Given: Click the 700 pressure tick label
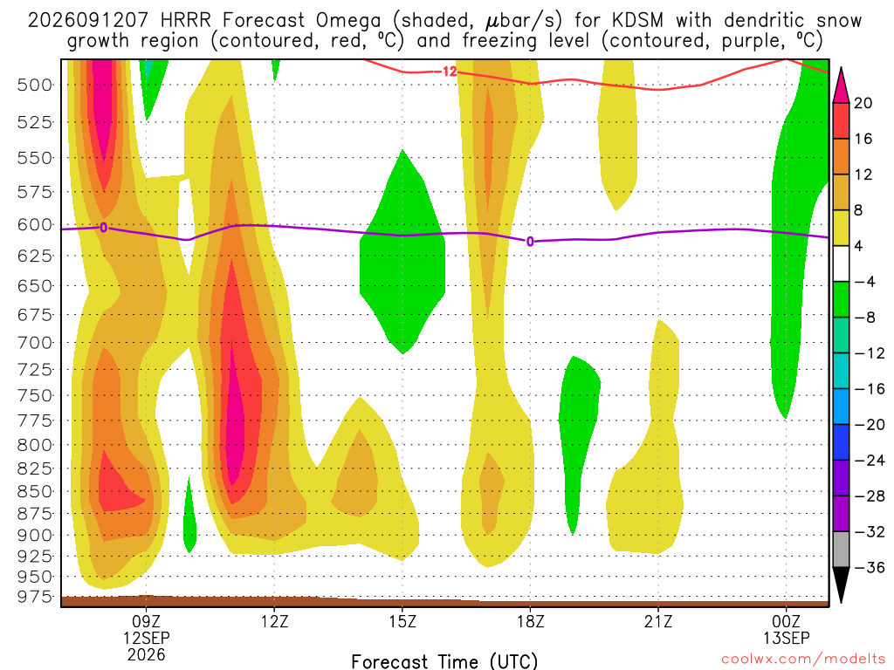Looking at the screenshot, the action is [x=35, y=343].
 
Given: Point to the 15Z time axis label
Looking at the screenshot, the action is [x=402, y=621].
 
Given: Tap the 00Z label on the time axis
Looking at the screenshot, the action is [x=787, y=621].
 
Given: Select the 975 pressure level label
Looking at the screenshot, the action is [x=35, y=597].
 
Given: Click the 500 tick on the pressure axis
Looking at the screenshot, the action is [x=35, y=85].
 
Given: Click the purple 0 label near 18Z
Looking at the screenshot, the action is [x=530, y=242].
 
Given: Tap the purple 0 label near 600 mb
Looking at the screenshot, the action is [x=103, y=228].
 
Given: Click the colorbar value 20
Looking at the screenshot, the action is [x=863, y=103].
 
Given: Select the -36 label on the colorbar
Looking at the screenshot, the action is [x=869, y=567].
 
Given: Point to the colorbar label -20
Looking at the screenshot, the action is [x=869, y=425].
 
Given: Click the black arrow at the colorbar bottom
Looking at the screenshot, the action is [x=841, y=585].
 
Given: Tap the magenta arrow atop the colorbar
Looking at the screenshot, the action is [x=841, y=85].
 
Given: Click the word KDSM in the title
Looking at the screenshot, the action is [x=637, y=21].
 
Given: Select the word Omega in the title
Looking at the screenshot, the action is [x=347, y=21].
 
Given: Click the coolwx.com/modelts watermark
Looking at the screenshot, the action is [x=803, y=660].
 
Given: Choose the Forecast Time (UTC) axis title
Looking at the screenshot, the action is [x=444, y=661].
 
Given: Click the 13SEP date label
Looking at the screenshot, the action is [x=787, y=638].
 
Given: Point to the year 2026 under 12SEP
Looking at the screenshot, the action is [x=147, y=654].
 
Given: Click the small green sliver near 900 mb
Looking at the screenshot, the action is [x=189, y=516].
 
